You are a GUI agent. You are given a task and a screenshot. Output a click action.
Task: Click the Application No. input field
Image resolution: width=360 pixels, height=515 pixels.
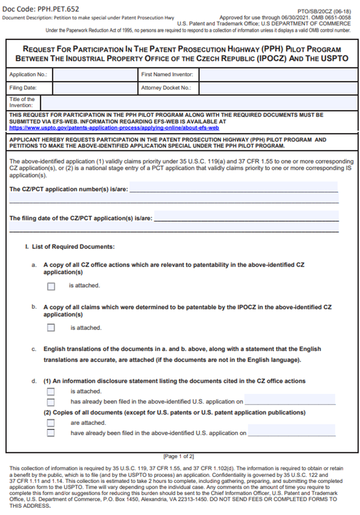click(x=95, y=75)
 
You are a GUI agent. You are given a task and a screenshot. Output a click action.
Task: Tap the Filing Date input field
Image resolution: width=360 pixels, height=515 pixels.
click(x=95, y=88)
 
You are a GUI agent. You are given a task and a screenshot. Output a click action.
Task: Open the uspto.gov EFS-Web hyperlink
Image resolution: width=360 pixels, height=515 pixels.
click(x=114, y=128)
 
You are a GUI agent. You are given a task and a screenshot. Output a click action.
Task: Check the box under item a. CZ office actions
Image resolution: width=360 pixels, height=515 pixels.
click(x=51, y=286)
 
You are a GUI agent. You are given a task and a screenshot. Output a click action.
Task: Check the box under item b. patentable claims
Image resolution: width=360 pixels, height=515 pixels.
click(x=51, y=328)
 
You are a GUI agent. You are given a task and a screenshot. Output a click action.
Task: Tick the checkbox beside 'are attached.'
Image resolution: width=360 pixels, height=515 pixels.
click(x=51, y=423)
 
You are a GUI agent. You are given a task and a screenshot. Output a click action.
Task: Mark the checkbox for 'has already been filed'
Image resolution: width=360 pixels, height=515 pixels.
click(x=51, y=402)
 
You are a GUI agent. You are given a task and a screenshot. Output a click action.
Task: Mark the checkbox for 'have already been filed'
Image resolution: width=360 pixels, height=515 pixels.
click(x=51, y=433)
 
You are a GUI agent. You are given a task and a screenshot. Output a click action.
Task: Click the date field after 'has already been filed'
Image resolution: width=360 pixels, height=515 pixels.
click(x=290, y=400)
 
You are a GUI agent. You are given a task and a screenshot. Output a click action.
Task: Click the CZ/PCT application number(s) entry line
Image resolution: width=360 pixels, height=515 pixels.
click(x=233, y=188)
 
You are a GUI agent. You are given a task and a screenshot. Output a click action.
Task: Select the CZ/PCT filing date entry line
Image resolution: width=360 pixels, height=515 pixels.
click(x=246, y=217)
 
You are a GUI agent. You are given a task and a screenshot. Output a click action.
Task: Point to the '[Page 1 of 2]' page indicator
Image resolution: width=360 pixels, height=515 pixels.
click(x=179, y=456)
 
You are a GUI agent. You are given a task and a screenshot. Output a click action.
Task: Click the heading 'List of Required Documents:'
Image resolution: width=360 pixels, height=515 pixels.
click(x=73, y=247)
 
